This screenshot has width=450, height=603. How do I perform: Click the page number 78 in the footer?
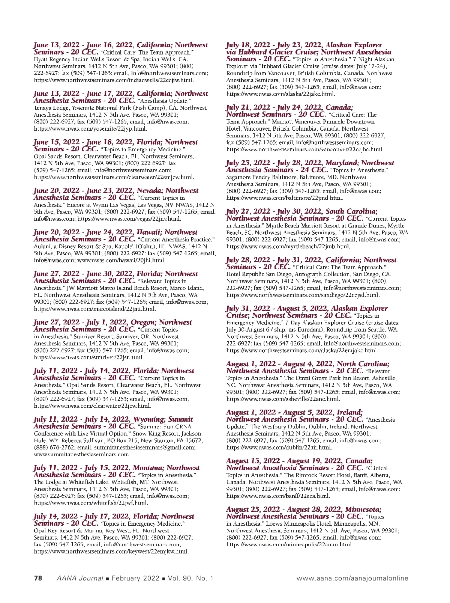pyautogui.click(x=38, y=578)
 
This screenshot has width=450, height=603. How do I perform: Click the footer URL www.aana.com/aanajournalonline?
pyautogui.click(x=352, y=578)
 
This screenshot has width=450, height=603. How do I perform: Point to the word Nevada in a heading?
pyautogui.click(x=149, y=191)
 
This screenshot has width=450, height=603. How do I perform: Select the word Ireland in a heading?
pyautogui.click(x=349, y=412)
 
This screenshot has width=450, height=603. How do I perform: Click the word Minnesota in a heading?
pyautogui.click(x=363, y=510)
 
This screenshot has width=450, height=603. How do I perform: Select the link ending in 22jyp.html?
pyautogui.click(x=90, y=128)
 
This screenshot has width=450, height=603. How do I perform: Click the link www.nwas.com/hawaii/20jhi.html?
pyautogui.click(x=121, y=260)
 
